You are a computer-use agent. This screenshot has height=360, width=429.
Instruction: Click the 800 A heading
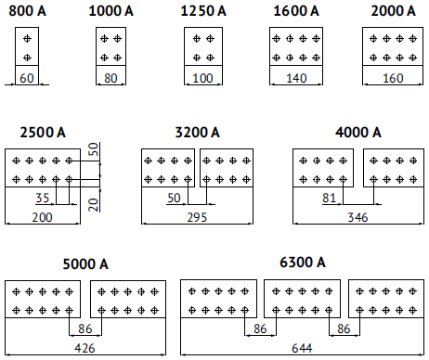click(x=27, y=11)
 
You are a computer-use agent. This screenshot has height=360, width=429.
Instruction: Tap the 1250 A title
click(x=203, y=11)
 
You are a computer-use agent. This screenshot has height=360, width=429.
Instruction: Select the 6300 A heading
click(x=303, y=263)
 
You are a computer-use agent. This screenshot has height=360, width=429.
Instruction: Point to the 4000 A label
click(x=358, y=133)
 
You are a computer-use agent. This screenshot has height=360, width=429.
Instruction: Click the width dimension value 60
click(x=27, y=78)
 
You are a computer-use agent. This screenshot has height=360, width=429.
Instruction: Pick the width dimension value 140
click(x=296, y=78)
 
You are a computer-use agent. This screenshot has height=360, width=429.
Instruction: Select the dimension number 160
click(x=393, y=78)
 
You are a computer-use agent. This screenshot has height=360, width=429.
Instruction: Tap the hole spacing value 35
click(x=43, y=198)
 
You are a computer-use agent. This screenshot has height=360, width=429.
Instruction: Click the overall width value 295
click(x=197, y=217)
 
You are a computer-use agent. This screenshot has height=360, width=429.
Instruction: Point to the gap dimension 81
click(x=329, y=198)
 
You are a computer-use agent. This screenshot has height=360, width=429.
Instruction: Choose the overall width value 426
click(x=84, y=349)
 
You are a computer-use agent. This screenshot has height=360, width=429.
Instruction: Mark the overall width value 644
click(x=302, y=349)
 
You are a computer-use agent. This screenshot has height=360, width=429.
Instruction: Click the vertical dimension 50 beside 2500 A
click(x=94, y=149)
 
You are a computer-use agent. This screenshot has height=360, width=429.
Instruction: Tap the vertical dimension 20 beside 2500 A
click(x=94, y=205)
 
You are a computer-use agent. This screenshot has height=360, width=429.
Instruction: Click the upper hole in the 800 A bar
click(x=27, y=39)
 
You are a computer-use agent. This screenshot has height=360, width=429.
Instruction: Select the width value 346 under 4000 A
click(x=357, y=217)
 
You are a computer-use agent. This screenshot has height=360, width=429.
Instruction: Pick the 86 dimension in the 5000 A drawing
click(x=85, y=328)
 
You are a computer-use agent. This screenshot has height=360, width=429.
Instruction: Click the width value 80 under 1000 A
click(x=110, y=78)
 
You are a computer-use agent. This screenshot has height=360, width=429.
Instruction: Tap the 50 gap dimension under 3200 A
click(x=174, y=198)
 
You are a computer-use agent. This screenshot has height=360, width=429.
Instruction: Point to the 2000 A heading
click(x=393, y=11)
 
